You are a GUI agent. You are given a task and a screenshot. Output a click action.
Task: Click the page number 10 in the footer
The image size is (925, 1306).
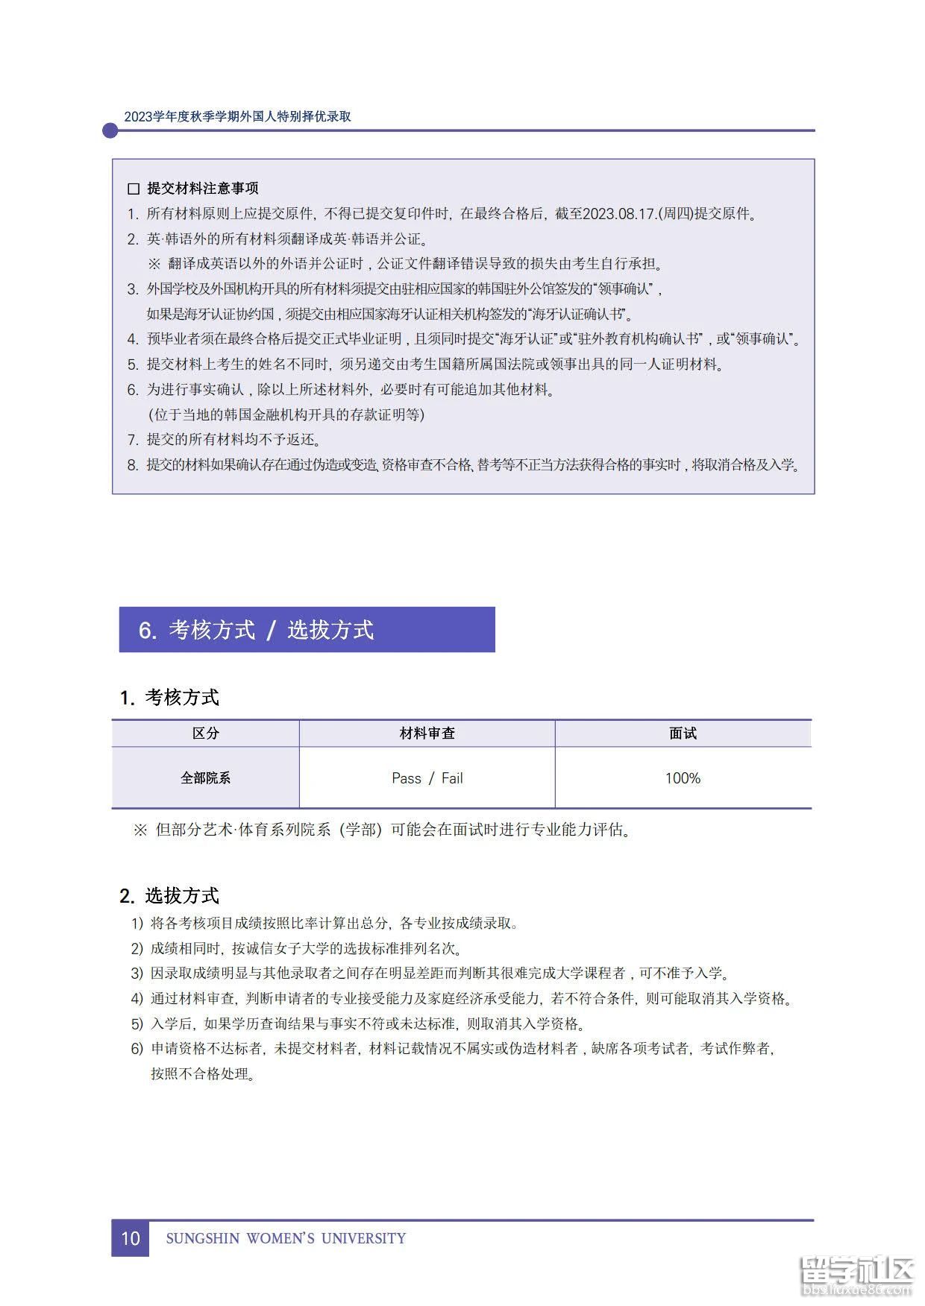131,1238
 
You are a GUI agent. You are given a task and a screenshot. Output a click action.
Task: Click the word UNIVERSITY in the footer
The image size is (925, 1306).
363,1239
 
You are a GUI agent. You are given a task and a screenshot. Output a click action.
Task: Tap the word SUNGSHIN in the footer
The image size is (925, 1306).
203,1239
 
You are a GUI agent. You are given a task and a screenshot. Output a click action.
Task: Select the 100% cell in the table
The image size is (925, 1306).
683,778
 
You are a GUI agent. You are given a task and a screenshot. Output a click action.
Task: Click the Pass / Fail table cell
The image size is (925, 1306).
427,778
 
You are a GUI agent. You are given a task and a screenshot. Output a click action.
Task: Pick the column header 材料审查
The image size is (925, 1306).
427,734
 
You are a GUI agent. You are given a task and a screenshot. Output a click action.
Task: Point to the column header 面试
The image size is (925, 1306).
683,734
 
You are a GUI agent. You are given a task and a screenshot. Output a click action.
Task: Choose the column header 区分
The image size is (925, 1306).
206,734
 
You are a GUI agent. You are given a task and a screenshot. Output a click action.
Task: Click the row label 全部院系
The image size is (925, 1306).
206,778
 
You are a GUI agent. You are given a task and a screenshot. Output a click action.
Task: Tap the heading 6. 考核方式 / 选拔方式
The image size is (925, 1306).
256,630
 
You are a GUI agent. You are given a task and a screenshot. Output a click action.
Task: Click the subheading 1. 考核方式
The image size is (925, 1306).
169,698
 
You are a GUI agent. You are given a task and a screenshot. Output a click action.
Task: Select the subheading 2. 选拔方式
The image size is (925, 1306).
169,895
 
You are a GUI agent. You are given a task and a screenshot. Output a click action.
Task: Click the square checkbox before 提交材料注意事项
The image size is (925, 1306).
134,189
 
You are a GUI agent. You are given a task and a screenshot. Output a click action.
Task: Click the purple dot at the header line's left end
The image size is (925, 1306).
110,130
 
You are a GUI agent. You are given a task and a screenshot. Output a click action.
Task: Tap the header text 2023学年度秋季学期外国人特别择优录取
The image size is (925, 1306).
237,116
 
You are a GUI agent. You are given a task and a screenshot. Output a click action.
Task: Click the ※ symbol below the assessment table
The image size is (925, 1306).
139,830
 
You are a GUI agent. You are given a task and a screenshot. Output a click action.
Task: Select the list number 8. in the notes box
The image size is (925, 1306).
133,465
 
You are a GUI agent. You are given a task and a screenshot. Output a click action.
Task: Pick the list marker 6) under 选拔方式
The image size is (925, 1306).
137,1049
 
